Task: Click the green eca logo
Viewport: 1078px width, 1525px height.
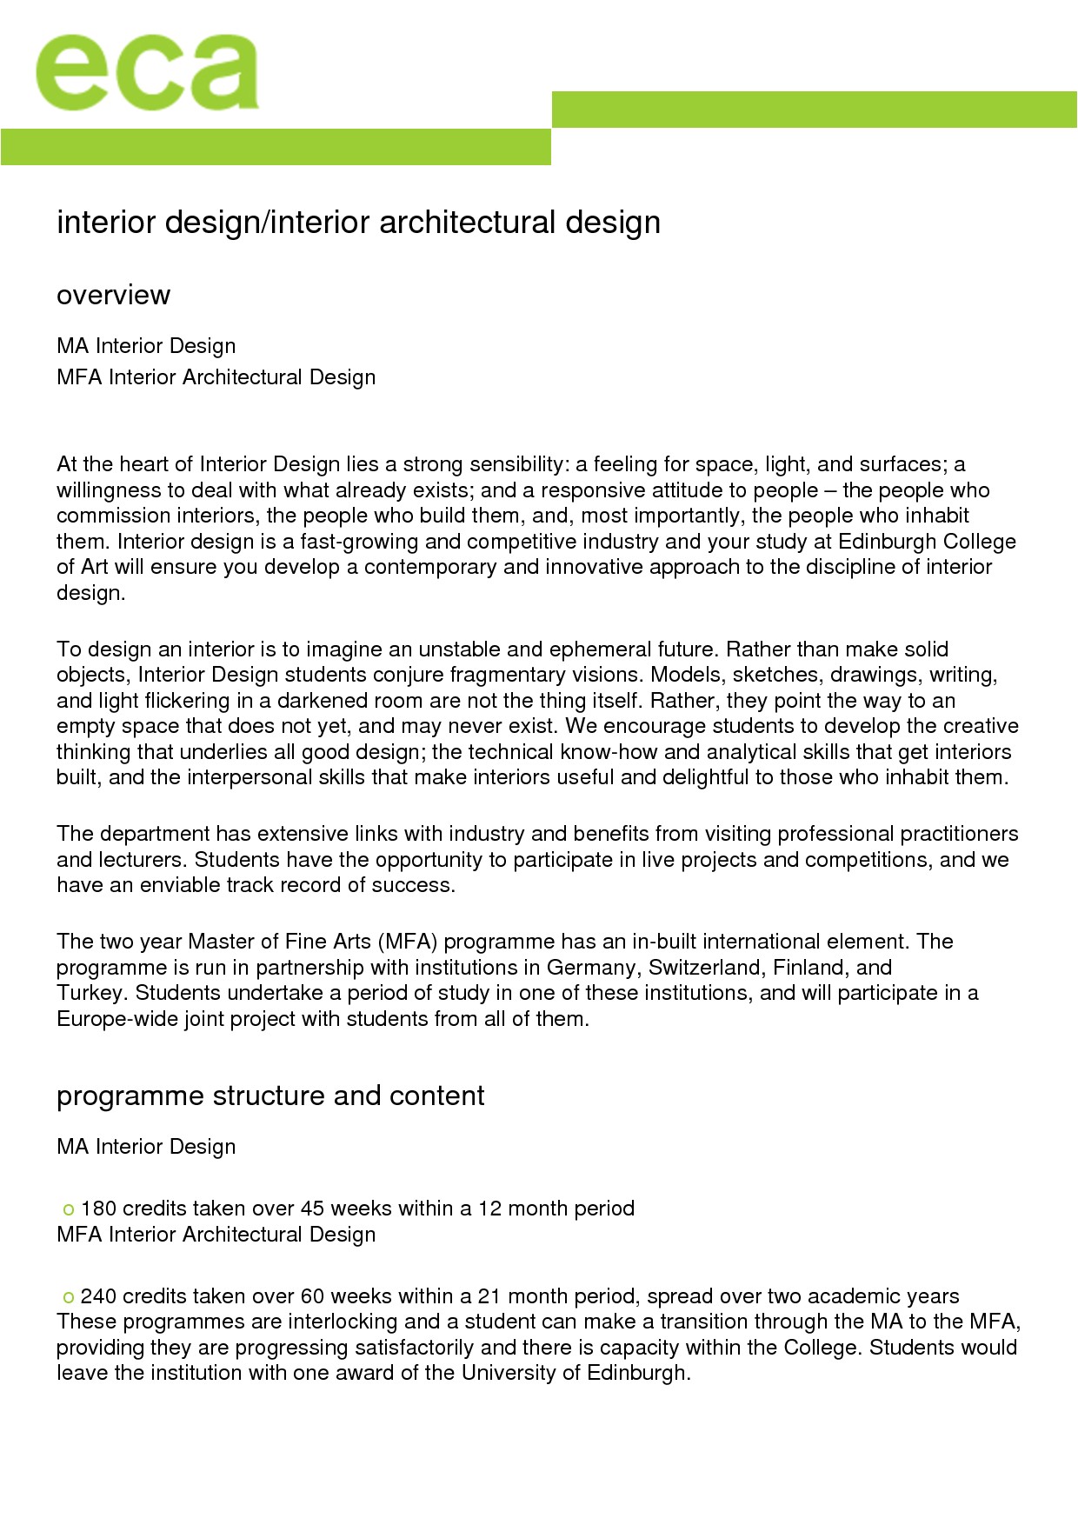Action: click(146, 73)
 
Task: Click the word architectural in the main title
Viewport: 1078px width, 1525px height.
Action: click(467, 223)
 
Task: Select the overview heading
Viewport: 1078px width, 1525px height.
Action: click(113, 296)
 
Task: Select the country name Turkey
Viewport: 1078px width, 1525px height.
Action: click(92, 993)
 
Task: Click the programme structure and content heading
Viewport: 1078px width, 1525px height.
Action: click(270, 1096)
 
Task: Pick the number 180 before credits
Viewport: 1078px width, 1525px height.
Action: click(98, 1209)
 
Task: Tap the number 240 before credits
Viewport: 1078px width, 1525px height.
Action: click(98, 1296)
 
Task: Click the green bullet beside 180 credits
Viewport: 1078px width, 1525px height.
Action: click(69, 1210)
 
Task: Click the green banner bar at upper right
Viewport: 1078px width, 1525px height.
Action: click(814, 110)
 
